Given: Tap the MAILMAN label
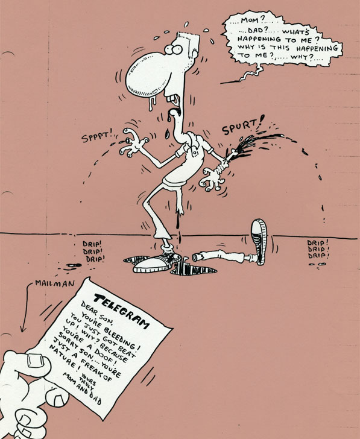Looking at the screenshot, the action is (x=55, y=283).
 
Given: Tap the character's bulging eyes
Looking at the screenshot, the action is (x=173, y=50).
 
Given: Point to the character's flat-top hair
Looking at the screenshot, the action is (x=188, y=42).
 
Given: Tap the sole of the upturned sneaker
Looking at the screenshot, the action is (x=259, y=241).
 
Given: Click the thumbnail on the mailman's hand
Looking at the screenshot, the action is (x=35, y=361).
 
